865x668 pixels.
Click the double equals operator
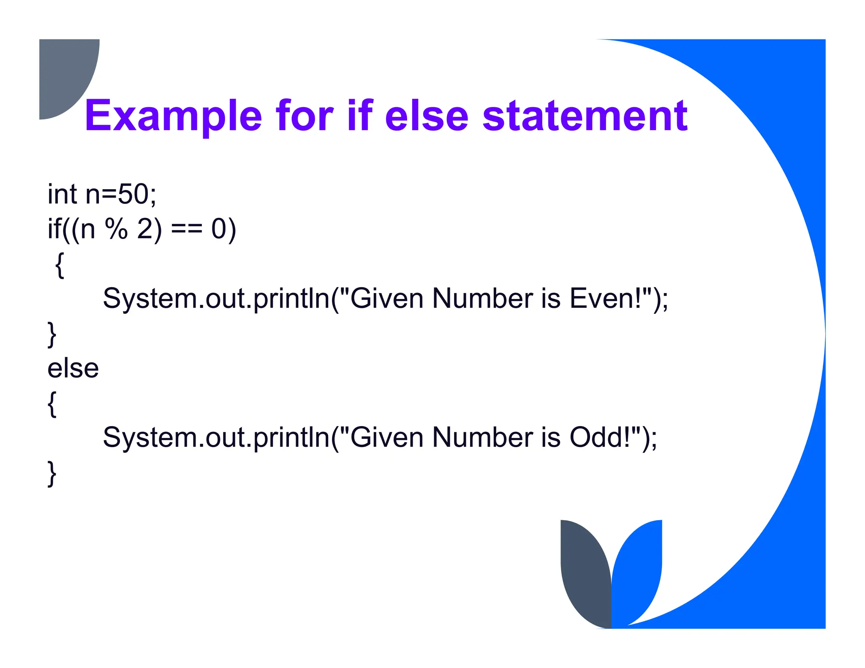tap(187, 230)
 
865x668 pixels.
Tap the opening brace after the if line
tap(60, 265)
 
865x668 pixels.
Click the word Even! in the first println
tap(609, 299)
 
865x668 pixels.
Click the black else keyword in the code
tap(73, 368)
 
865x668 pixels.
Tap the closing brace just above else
tap(52, 334)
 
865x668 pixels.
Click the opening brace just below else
tap(52, 404)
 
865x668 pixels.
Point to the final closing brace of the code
tap(52, 474)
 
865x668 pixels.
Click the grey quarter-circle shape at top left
tap(63, 72)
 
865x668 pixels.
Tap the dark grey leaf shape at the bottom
tap(585, 574)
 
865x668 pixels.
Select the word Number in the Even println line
tap(482, 299)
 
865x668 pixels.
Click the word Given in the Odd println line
tap(387, 437)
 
